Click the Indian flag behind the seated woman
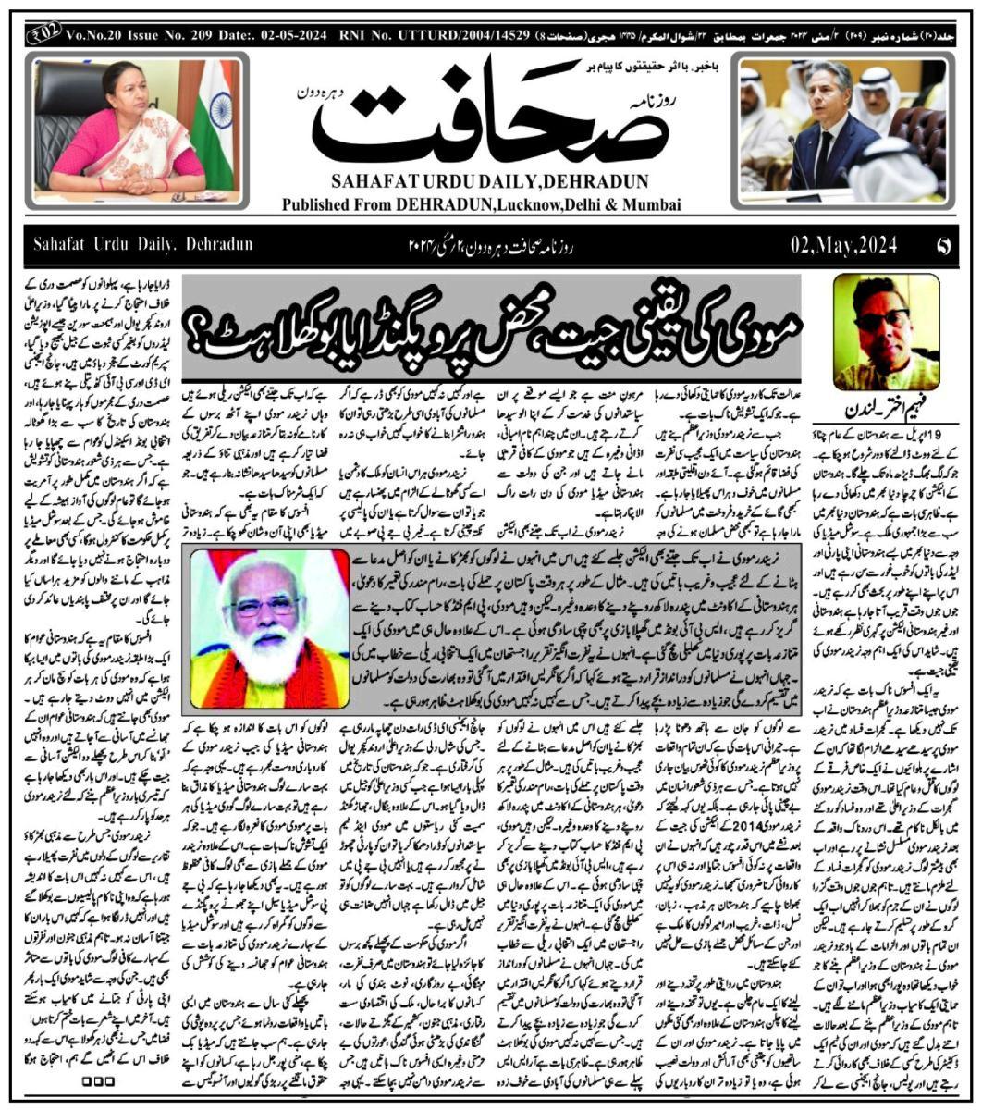[215, 102]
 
